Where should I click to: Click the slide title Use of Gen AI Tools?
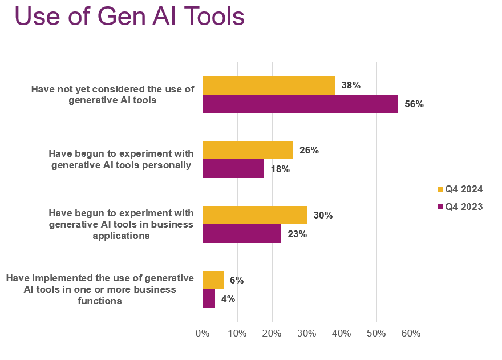pyautogui.click(x=129, y=17)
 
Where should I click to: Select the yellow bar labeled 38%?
pyautogui.click(x=269, y=85)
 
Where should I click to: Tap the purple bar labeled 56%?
pyautogui.click(x=300, y=104)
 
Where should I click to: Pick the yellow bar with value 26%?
pyautogui.click(x=248, y=150)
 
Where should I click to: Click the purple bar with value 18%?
pyautogui.click(x=233, y=169)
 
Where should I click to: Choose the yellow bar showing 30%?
pyautogui.click(x=254, y=215)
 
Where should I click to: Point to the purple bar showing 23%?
pyautogui.click(x=242, y=234)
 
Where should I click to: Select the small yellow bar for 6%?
pyautogui.click(x=213, y=280)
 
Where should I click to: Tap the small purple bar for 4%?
pyautogui.click(x=209, y=298)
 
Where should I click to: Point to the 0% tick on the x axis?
pyautogui.click(x=203, y=333)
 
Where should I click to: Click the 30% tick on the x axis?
pyautogui.click(x=307, y=333)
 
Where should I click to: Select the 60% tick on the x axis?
pyautogui.click(x=411, y=333)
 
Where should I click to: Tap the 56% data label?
pyautogui.click(x=414, y=104)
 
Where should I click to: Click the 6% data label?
pyautogui.click(x=237, y=280)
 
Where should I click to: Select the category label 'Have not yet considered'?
pyautogui.click(x=112, y=95)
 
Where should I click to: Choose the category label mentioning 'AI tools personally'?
pyautogui.click(x=121, y=160)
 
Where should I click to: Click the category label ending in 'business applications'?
pyautogui.click(x=121, y=225)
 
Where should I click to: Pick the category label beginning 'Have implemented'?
pyautogui.click(x=100, y=289)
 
